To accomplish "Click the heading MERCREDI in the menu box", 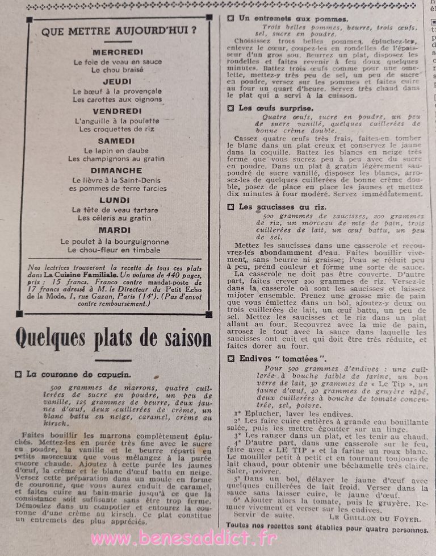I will (x=118, y=52).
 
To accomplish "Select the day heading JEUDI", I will (x=118, y=81).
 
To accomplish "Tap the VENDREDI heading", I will (x=118, y=111).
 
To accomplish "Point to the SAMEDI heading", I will (x=116, y=141).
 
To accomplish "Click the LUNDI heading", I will (x=115, y=200).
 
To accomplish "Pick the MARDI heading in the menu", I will (x=115, y=230).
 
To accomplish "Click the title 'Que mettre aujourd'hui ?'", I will (x=119, y=31).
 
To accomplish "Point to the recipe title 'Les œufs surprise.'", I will (x=275, y=107).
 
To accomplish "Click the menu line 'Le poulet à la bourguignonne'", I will (x=115, y=241).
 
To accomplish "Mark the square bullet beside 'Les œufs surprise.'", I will (x=230, y=107).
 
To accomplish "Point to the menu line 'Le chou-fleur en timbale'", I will (x=115, y=250).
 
